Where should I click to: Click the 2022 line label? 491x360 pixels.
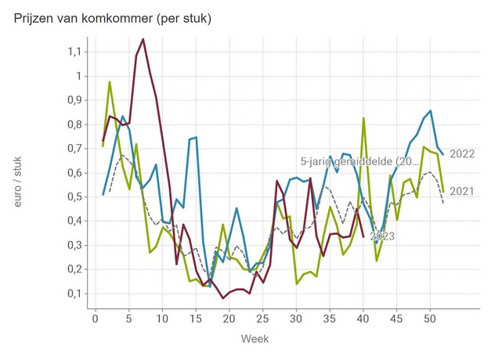463,154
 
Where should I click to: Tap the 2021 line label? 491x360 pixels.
463,191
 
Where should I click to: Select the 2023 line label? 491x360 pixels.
382,236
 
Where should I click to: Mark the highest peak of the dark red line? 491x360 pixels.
143,38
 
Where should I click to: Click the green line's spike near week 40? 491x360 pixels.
363,118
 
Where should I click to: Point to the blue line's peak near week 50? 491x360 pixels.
430,110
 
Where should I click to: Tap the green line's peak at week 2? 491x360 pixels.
110,82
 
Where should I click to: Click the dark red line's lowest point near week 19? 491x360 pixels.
223,298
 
